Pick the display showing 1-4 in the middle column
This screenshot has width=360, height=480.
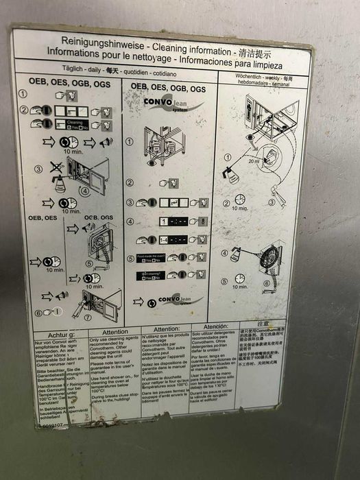coord(178,239)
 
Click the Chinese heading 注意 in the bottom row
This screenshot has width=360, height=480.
coord(263,323)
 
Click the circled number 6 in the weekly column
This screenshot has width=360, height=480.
coord(267,283)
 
